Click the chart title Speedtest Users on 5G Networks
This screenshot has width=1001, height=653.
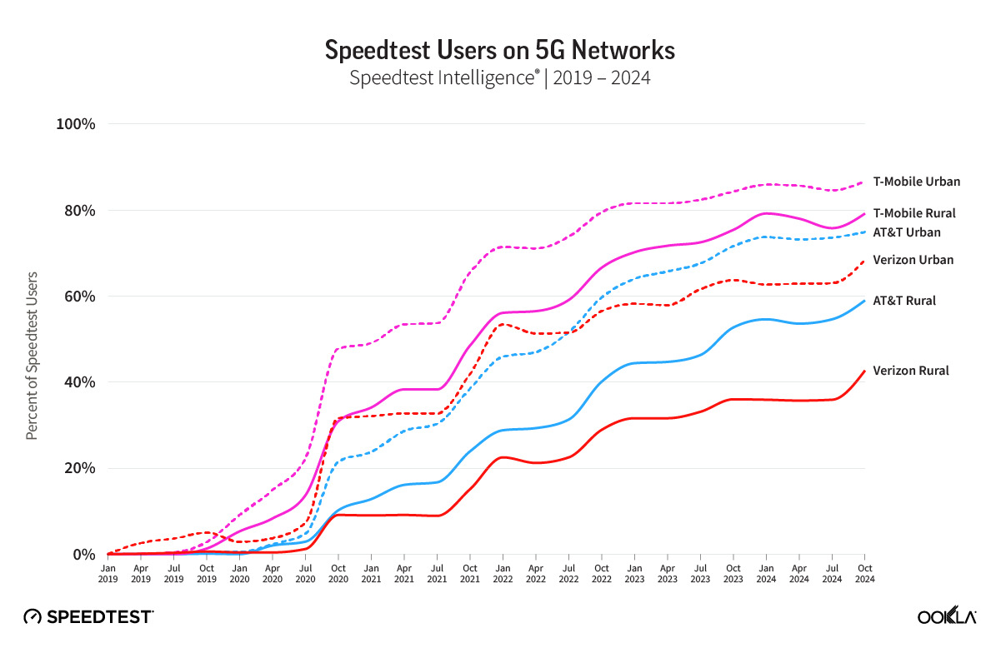coord(499,51)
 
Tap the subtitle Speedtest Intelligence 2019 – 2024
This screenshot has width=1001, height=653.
coord(499,78)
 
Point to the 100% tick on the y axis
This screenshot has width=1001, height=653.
coord(77,124)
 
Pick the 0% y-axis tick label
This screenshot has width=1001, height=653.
coord(84,555)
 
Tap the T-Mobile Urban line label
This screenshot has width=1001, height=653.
coord(916,181)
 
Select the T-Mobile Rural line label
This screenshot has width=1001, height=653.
coord(913,213)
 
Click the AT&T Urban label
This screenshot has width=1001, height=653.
coord(906,232)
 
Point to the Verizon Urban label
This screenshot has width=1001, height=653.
coord(913,260)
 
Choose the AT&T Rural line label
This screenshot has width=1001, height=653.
coord(903,301)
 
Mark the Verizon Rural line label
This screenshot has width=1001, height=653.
coord(910,371)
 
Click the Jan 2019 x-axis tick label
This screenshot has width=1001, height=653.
coord(108,572)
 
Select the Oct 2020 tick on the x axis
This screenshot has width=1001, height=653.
coord(338,572)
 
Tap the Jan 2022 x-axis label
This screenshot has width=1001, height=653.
coord(502,572)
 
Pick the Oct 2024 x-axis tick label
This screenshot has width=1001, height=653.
coord(865,572)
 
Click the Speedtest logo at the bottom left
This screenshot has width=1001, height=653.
coord(88,616)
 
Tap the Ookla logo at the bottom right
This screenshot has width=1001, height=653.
coord(947,616)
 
